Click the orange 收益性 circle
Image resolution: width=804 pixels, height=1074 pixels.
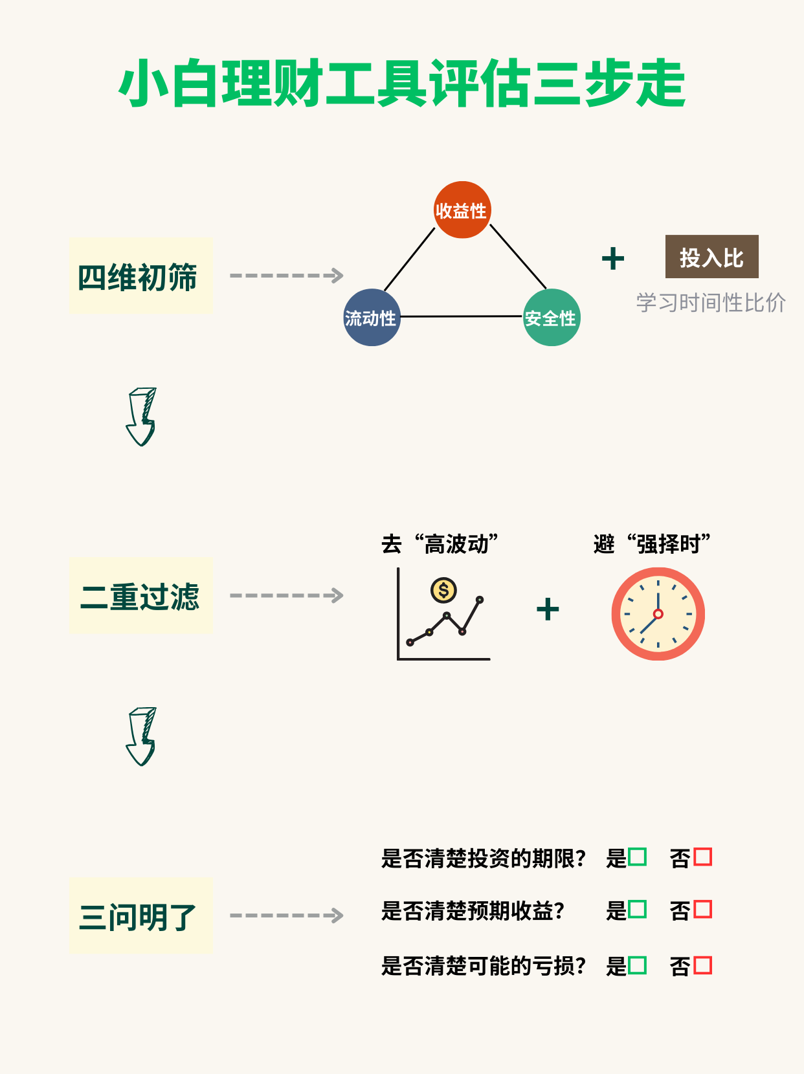click(462, 210)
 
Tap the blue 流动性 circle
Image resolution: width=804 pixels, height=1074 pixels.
click(372, 318)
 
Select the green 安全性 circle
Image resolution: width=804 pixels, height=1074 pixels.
click(552, 318)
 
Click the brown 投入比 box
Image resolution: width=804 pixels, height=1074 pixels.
click(711, 257)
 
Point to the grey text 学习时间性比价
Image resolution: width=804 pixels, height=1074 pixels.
click(711, 302)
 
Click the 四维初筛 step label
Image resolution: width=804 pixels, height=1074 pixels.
click(140, 276)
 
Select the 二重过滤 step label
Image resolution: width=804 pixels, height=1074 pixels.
click(140, 596)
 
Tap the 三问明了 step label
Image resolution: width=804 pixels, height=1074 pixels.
click(140, 915)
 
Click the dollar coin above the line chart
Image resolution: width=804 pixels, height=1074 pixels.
click(443, 589)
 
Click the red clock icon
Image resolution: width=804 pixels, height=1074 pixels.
click(658, 614)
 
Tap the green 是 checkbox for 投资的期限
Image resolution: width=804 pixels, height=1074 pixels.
click(637, 857)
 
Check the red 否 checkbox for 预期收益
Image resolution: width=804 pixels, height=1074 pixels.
click(702, 909)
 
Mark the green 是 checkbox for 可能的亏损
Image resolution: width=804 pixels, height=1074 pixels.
click(637, 965)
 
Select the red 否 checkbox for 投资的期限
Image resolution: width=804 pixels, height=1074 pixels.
click(702, 857)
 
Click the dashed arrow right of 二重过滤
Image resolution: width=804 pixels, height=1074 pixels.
click(286, 595)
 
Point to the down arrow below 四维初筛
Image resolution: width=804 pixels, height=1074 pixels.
click(141, 417)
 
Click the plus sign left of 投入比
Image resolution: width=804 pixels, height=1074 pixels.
click(612, 259)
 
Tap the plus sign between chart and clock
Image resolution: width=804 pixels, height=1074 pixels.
click(548, 609)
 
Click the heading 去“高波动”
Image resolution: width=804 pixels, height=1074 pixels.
click(440, 544)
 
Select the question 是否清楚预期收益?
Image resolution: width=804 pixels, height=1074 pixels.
click(473, 911)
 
